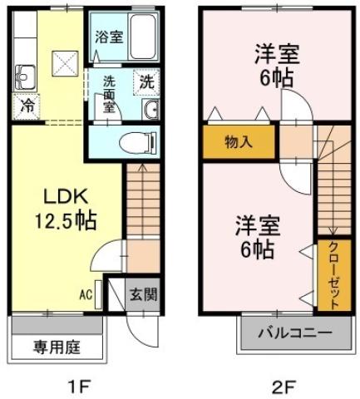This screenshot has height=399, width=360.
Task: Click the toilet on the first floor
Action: [135, 142]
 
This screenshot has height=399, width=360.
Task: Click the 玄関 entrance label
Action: [143, 293]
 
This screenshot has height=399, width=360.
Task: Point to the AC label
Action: [86, 293]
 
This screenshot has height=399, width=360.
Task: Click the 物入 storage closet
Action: [238, 141]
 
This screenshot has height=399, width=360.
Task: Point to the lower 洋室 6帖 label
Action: [257, 237]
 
